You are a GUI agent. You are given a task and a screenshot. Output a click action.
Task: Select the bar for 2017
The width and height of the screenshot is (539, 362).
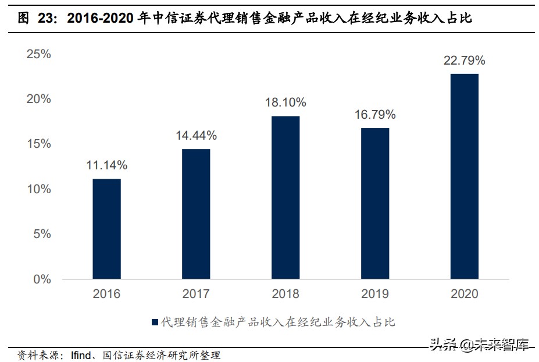[x=196, y=214]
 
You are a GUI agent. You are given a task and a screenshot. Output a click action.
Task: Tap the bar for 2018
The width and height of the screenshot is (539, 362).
[x=285, y=197]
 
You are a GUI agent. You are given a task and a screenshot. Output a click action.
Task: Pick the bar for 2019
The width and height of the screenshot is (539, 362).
[x=375, y=203]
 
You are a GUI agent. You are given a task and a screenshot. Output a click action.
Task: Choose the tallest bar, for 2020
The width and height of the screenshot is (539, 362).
[x=465, y=176]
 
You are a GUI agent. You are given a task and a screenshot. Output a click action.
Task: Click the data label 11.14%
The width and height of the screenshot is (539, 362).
[x=106, y=165]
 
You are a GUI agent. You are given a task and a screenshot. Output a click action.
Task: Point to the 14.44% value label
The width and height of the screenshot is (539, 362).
[x=196, y=136]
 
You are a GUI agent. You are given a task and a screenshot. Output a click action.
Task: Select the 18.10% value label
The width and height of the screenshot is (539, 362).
[x=285, y=102]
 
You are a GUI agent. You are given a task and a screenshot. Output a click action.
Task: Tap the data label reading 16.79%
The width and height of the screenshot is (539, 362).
[x=375, y=115]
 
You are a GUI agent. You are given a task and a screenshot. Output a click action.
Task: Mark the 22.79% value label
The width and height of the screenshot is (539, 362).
[x=465, y=60]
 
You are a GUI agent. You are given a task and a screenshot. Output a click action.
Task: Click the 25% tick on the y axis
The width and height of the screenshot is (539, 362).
[x=39, y=54]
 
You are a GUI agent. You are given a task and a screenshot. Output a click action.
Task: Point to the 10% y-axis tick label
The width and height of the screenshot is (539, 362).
[x=39, y=189]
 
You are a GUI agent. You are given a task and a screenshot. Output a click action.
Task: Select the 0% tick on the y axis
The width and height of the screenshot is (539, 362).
[x=42, y=279]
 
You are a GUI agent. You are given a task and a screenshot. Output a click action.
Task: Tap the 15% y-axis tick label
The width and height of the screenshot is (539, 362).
[x=39, y=144]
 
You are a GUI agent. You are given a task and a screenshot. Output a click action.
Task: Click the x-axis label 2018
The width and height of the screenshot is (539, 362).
[x=285, y=294]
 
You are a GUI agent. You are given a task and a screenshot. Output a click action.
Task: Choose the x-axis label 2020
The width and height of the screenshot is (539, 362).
[x=465, y=294]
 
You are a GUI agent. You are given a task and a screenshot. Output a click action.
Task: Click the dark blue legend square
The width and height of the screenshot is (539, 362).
[x=155, y=322]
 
